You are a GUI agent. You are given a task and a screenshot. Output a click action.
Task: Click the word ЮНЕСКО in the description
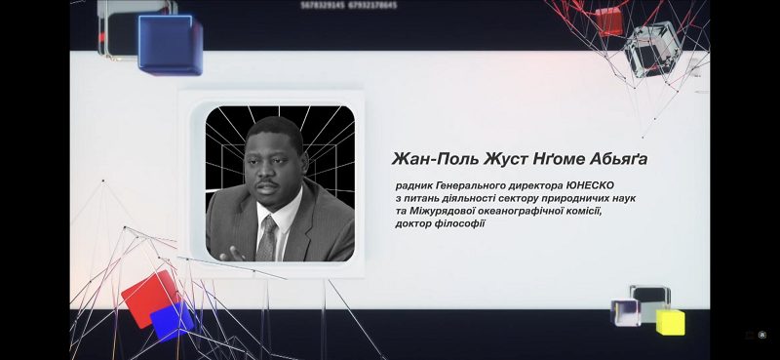pyautogui.click(x=590, y=185)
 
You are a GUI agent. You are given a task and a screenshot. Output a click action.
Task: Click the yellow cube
pyautogui.click(x=670, y=323)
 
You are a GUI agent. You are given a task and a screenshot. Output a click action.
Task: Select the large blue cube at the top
pyautogui.click(x=170, y=45)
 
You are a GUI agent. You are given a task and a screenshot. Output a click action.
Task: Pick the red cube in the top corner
pyautogui.click(x=608, y=21)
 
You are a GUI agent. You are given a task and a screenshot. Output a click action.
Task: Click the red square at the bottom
pyautogui.click(x=150, y=298)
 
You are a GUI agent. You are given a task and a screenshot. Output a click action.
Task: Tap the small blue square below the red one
pyautogui.click(x=172, y=322)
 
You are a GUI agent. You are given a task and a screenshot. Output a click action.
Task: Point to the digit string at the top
pyautogui.click(x=349, y=6)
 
